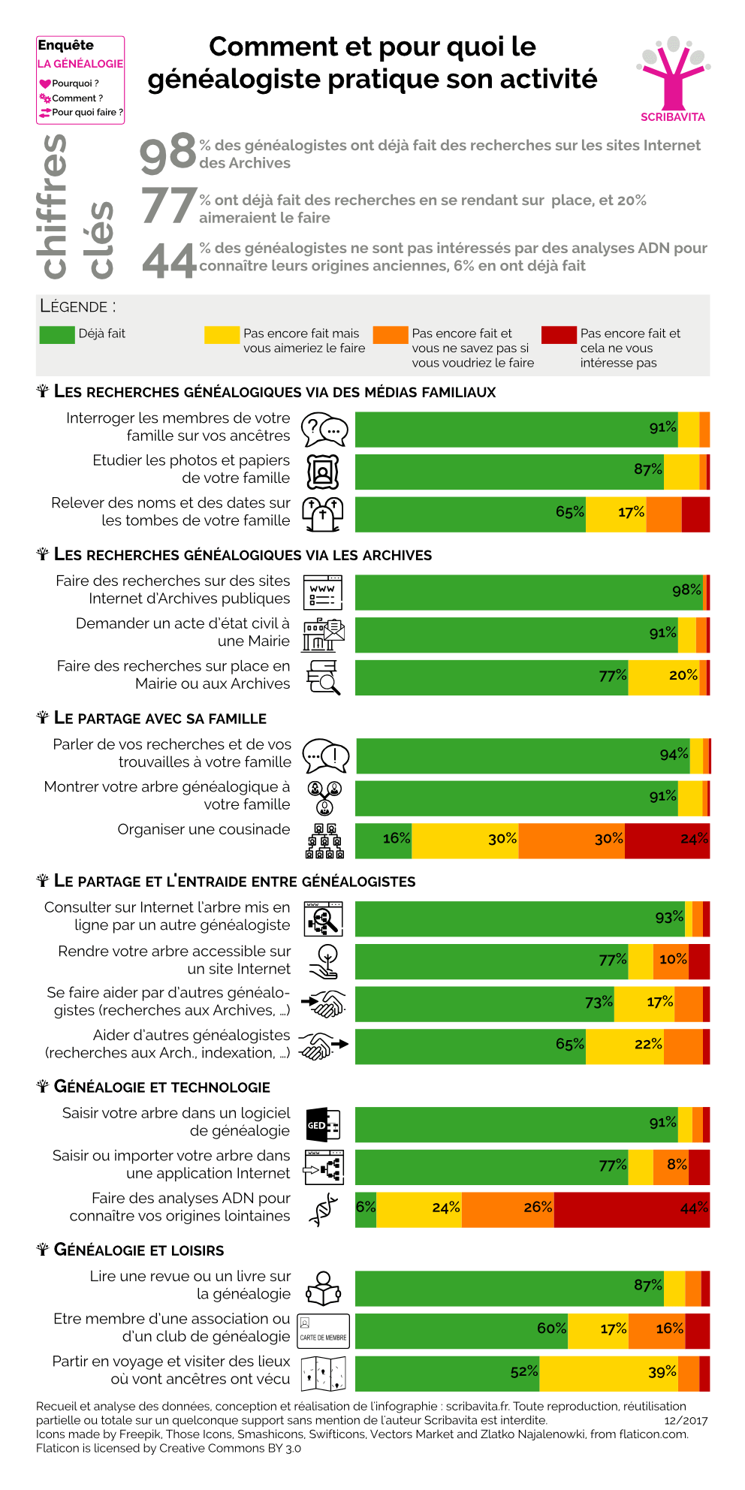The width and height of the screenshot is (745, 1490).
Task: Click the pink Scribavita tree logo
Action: pos(673,75)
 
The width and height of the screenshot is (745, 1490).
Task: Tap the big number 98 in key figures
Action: pos(168,153)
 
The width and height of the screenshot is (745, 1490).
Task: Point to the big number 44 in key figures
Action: pos(168,261)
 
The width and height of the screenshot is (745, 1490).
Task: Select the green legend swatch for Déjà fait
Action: pos(57,334)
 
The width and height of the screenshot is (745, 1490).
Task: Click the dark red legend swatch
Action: pos(559,334)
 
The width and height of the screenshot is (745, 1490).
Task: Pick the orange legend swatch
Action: pos(391,334)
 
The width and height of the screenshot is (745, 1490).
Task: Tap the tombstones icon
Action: pos(323,514)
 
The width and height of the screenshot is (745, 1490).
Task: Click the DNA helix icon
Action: pos(323,1209)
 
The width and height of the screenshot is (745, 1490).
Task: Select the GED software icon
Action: pos(323,1124)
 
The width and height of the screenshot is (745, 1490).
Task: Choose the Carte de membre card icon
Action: pos(323,1331)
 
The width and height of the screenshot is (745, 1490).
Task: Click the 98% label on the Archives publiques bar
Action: pos(686,590)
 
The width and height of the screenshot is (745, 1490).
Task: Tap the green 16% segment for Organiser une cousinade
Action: pos(383,840)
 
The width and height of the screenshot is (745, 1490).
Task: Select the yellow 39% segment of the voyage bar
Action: pos(608,1374)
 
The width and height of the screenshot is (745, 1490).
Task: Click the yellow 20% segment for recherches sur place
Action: pos(664,677)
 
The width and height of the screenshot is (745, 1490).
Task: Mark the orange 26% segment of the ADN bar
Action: pos(508,1208)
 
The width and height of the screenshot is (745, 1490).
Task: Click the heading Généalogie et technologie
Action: pos(161,1087)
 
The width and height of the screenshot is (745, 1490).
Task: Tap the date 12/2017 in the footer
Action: pos(686,1421)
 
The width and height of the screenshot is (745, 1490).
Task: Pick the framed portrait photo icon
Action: pos(323,472)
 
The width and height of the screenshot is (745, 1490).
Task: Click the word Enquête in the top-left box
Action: pos(66,45)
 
